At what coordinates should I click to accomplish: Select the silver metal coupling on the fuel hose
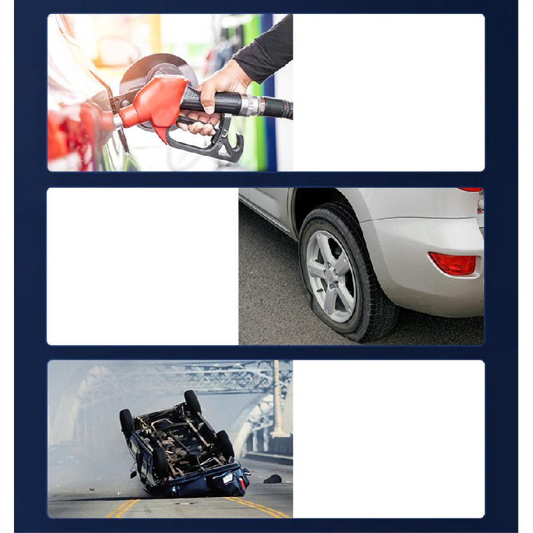tap(253, 105)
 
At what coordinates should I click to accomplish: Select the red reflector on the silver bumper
tap(453, 263)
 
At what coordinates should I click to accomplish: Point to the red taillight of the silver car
tap(472, 190)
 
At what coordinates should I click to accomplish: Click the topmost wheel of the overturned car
tap(193, 402)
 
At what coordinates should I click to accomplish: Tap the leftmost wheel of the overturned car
tap(127, 422)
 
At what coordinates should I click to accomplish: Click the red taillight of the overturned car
tap(243, 481)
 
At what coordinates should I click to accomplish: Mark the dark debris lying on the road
tap(272, 478)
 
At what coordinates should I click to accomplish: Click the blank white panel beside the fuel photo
tap(388, 93)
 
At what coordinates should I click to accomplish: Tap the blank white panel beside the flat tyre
tap(143, 266)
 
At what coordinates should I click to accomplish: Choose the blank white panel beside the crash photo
tap(388, 438)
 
